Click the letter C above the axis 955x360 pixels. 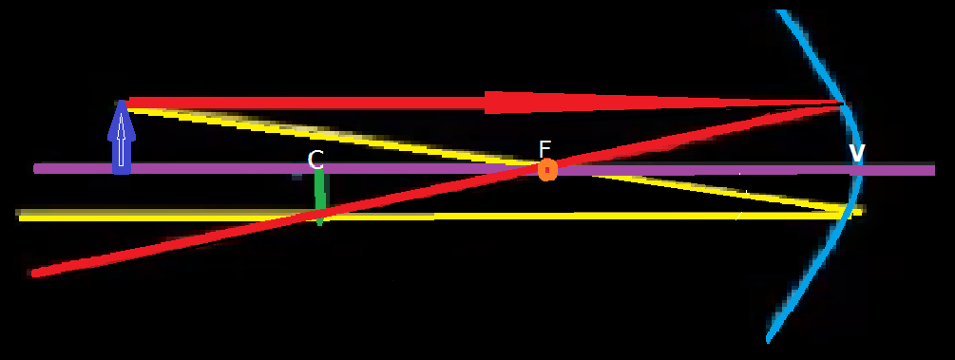[316, 160]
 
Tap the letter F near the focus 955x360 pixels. [544, 148]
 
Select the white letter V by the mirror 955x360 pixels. [856, 154]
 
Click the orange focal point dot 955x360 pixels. [547, 170]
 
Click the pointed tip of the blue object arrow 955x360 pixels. [121, 103]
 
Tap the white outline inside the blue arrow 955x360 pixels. [121, 142]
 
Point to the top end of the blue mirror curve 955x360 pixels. [780, 12]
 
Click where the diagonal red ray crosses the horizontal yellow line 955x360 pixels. [314, 216]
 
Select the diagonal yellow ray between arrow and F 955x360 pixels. [333, 137]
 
